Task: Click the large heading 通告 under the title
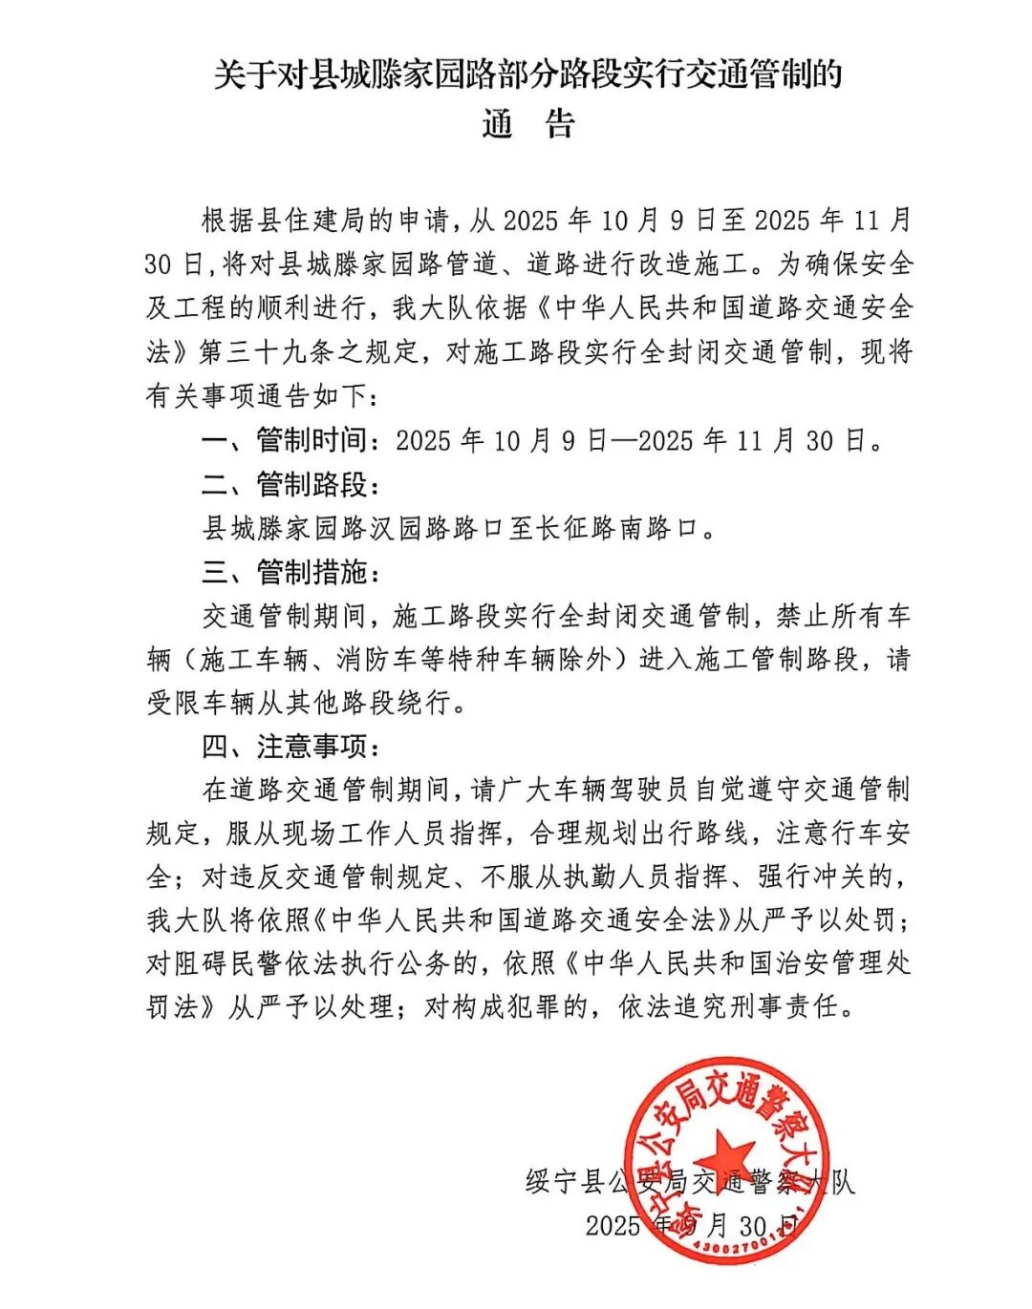coord(527,125)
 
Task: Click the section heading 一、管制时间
coord(284,440)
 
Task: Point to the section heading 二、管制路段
coord(284,484)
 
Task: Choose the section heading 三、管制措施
coord(284,572)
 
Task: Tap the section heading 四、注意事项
coord(284,746)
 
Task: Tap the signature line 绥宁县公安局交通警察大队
coord(690,1182)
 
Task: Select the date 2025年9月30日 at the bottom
coord(690,1226)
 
